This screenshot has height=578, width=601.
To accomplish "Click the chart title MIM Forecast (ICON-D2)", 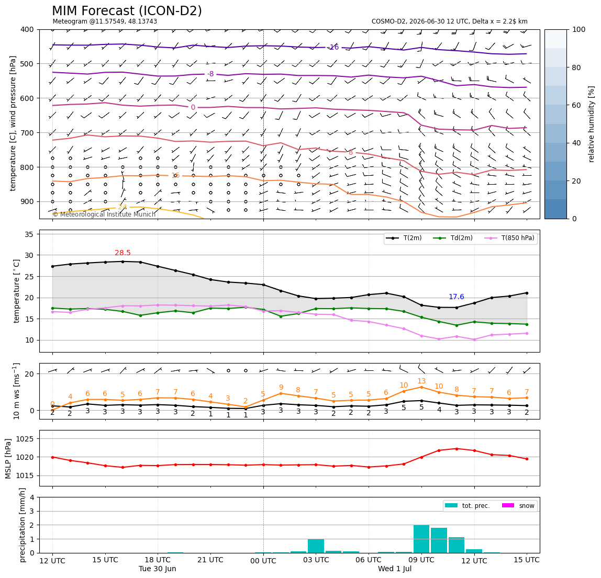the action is pyautogui.click(x=127, y=11).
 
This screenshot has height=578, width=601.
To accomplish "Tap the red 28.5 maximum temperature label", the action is pyautogui.click(x=123, y=253).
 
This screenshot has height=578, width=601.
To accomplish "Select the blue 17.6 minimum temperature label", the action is pyautogui.click(x=457, y=297).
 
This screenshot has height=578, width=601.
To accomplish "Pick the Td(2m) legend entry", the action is pyautogui.click(x=453, y=238).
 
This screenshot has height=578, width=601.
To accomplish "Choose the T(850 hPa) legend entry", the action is pyautogui.click(x=509, y=238).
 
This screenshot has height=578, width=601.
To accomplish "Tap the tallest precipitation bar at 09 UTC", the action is pyautogui.click(x=421, y=539).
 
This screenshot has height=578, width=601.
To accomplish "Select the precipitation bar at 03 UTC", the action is pyautogui.click(x=316, y=546).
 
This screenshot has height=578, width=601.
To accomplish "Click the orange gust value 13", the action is pyautogui.click(x=421, y=381).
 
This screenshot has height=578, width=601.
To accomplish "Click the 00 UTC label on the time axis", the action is pyautogui.click(x=263, y=561).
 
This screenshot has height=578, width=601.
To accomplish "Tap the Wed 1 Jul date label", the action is pyautogui.click(x=395, y=569).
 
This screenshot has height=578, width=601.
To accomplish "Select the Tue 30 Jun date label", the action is pyautogui.click(x=158, y=569).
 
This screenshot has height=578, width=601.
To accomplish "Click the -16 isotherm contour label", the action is pyautogui.click(x=334, y=47).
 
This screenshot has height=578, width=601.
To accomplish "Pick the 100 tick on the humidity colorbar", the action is pyautogui.click(x=579, y=29).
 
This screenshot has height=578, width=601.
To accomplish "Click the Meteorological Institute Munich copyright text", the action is pyautogui.click(x=104, y=214).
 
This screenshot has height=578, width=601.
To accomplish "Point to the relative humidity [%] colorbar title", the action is pyautogui.click(x=592, y=124).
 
